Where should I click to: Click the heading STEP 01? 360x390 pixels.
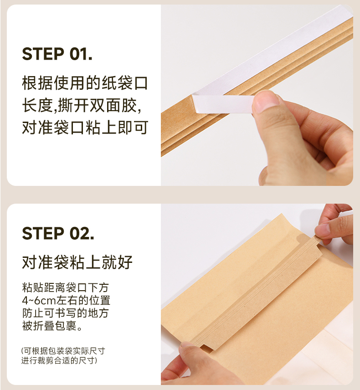point(57,54)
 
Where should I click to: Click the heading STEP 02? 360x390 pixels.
point(58,233)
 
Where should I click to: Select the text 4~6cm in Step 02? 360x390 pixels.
point(39,300)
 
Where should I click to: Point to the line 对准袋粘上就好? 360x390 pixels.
point(77,262)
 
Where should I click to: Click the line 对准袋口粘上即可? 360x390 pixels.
point(85,128)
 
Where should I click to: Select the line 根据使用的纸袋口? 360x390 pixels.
point(85,83)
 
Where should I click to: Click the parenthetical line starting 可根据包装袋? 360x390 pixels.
point(63,351)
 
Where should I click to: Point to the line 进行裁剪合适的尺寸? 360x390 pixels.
point(59,360)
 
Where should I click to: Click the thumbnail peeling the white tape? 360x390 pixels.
point(267,101)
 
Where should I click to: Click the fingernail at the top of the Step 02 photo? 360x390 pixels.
point(321,230)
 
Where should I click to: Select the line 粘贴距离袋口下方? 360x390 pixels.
point(66,287)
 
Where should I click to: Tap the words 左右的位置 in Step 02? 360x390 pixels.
point(83,300)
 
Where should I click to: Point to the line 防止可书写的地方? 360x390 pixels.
point(66,313)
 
